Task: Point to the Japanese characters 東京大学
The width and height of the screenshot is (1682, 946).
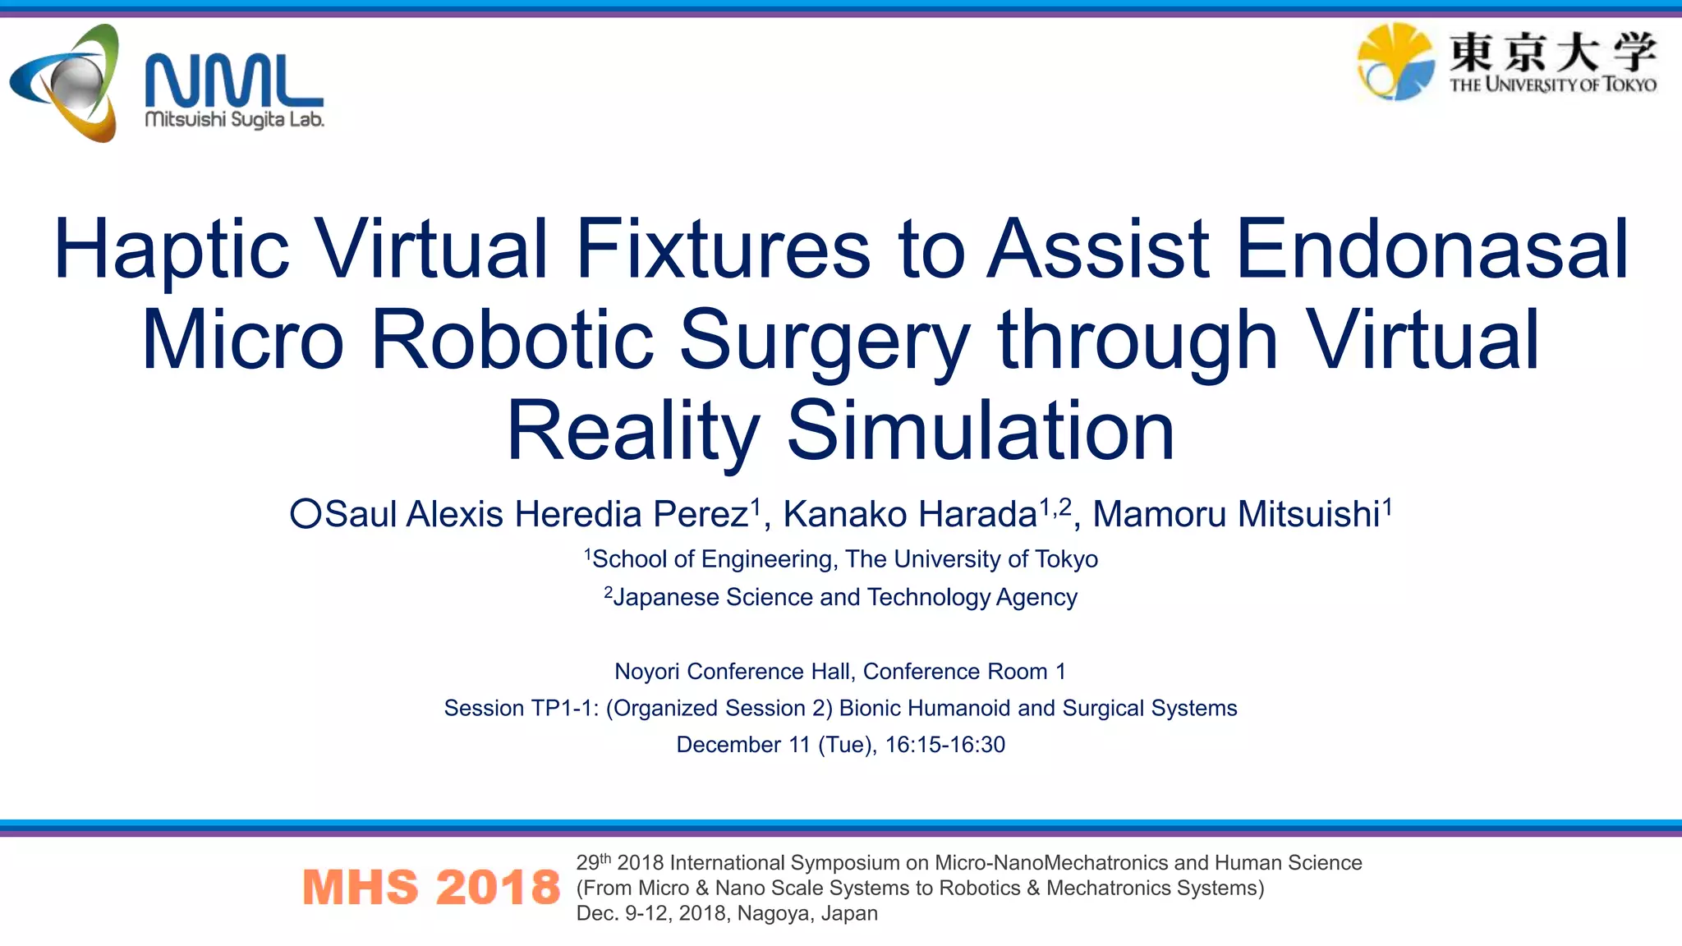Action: click(x=1552, y=51)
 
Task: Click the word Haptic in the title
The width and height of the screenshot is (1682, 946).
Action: click(x=172, y=250)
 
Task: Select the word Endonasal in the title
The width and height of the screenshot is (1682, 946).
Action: click(x=1432, y=250)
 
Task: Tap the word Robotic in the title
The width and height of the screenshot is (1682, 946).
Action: click(x=512, y=340)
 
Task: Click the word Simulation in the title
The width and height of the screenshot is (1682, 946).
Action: click(x=981, y=431)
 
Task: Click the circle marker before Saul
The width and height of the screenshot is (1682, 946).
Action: click(x=306, y=514)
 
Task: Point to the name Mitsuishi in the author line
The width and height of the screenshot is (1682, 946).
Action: click(x=1308, y=515)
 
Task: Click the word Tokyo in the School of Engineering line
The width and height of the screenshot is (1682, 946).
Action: click(x=1066, y=559)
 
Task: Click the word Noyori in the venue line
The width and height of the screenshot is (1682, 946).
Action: click(x=647, y=672)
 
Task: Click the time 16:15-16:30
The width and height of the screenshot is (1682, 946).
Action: click(x=944, y=745)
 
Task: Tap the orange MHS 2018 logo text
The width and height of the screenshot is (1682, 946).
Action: click(x=431, y=888)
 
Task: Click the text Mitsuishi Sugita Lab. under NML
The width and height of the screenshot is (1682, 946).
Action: click(x=234, y=120)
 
